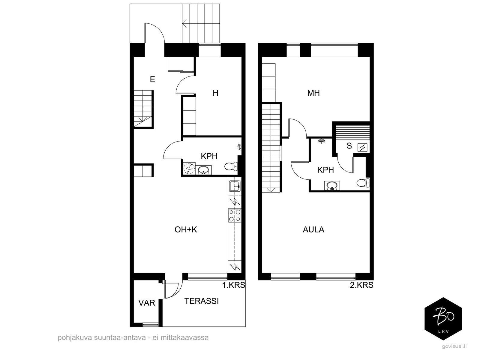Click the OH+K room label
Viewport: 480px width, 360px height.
(186, 229)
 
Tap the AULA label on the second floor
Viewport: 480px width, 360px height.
(313, 229)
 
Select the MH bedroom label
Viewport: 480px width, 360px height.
(313, 93)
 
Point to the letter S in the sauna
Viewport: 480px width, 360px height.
(349, 146)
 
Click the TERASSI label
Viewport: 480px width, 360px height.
(201, 301)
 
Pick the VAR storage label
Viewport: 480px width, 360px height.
(147, 303)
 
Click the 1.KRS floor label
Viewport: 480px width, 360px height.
(233, 285)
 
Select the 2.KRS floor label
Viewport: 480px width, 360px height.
(361, 285)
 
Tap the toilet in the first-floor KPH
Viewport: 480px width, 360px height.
(231, 166)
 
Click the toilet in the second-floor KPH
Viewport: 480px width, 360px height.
(363, 183)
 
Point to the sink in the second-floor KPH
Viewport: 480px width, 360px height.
(332, 186)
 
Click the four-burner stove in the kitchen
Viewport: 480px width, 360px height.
(235, 216)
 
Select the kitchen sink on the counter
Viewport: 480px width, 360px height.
(235, 186)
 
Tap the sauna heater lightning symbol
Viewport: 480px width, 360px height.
(362, 148)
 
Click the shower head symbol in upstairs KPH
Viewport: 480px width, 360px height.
(321, 141)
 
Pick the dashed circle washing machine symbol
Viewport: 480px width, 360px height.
(189, 169)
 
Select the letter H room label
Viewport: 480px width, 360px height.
(215, 93)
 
